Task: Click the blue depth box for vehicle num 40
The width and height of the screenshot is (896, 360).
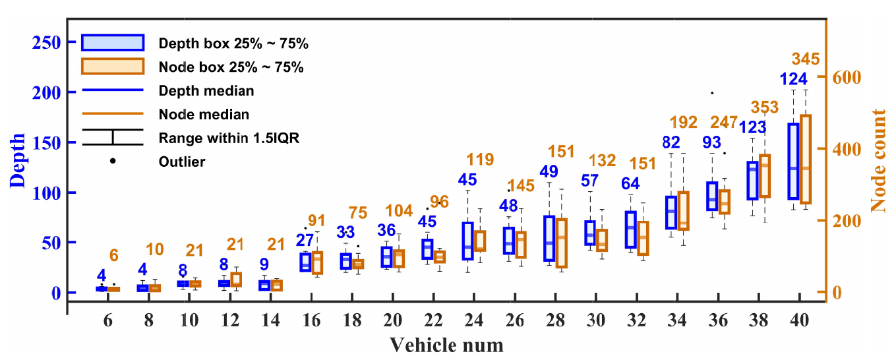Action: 793,161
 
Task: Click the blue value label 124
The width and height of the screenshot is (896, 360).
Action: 793,79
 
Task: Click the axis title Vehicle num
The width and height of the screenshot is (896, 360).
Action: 446,344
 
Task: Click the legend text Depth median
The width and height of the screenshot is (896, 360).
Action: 206,91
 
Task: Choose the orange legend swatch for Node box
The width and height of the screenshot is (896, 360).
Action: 113,67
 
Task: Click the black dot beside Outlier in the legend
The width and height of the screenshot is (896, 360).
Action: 113,161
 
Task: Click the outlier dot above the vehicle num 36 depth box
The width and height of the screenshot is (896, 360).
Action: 712,93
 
